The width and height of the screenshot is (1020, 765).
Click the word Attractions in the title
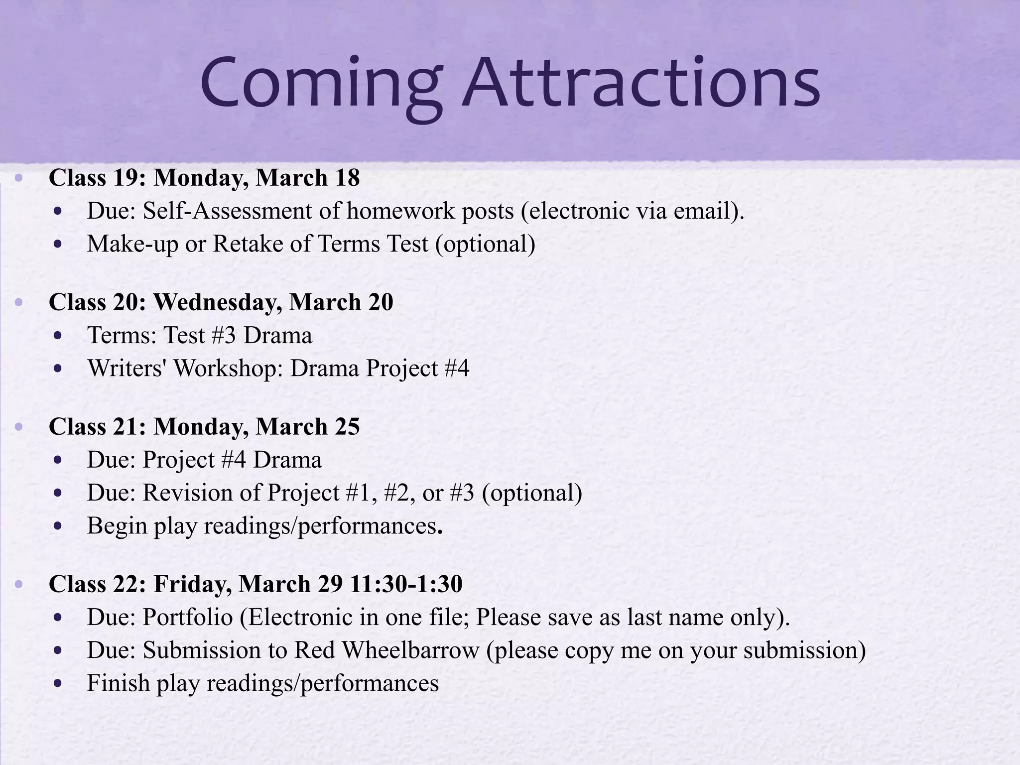(x=640, y=83)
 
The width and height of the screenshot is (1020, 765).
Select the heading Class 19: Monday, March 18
(x=204, y=178)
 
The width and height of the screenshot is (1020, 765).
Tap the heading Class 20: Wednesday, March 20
(x=221, y=302)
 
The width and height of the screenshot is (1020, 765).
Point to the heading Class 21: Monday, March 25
(x=204, y=427)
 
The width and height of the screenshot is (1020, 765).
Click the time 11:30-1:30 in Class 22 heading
(x=406, y=584)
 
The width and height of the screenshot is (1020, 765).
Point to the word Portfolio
(x=188, y=618)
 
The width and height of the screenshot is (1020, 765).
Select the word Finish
(x=119, y=683)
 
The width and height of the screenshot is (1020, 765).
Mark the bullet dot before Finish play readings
(x=59, y=684)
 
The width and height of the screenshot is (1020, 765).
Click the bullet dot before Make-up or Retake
(x=59, y=245)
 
